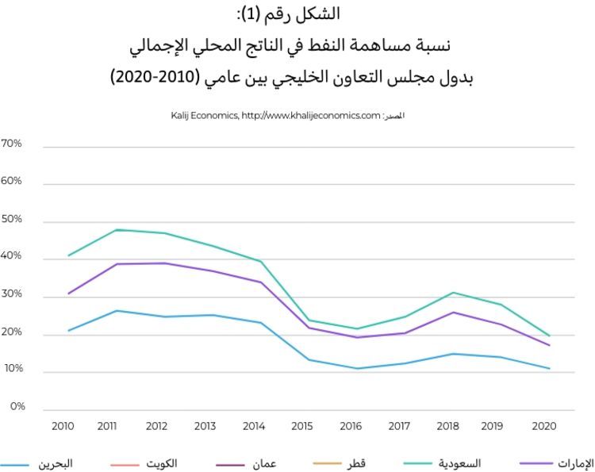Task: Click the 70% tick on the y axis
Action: coord(12,144)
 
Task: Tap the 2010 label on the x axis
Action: coord(62,427)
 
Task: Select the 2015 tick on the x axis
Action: coord(302,427)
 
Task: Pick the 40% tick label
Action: coord(12,257)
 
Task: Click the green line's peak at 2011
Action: coord(117,230)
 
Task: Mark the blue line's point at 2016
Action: coord(359,368)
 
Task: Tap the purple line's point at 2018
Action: coord(452,312)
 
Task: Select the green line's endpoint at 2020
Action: coord(549,336)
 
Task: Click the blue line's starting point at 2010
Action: coord(69,330)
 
